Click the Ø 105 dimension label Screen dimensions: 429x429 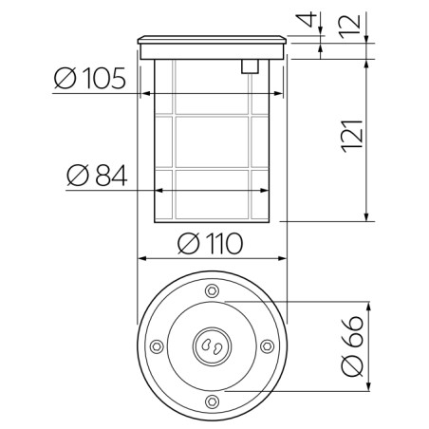90,79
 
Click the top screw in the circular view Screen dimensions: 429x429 211,290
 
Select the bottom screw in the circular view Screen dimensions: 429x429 211,403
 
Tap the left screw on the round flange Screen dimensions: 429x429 155,346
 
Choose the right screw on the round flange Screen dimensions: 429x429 268,346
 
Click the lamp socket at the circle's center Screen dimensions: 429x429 211,346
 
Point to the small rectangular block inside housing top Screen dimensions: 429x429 250,65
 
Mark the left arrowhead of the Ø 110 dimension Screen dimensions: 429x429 142,257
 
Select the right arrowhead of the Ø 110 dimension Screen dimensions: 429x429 281,257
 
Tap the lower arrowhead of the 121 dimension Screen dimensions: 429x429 367,218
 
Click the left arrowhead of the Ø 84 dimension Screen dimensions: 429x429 158,190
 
